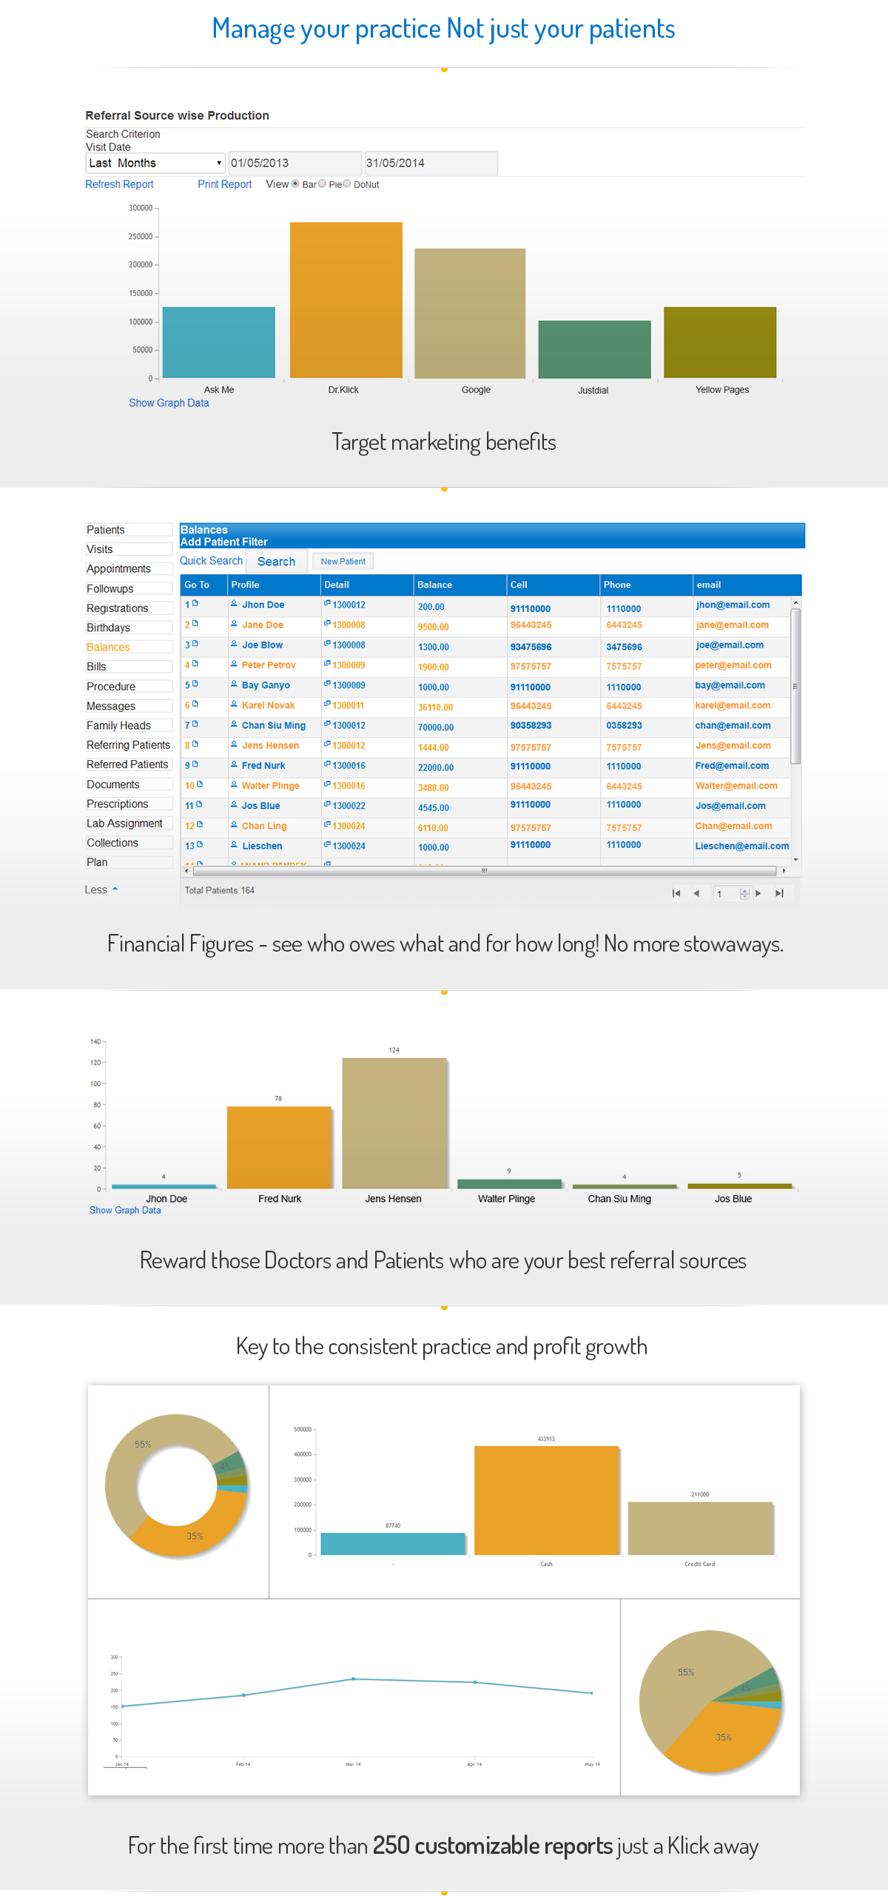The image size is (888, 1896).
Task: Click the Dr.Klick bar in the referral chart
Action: [346, 300]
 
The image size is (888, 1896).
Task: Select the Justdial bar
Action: [594, 349]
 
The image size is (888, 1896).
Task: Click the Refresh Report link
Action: [119, 184]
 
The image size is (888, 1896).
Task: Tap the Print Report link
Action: [224, 184]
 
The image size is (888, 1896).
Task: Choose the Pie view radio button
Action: [322, 184]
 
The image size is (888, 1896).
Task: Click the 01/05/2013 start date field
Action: [294, 163]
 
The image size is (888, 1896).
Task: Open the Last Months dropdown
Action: [155, 163]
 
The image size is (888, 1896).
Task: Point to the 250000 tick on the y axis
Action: [141, 237]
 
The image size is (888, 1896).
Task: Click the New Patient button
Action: [343, 562]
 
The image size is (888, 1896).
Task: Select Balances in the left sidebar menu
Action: [108, 648]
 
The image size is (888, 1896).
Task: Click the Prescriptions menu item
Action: [117, 804]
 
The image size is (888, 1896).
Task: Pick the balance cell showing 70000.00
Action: [435, 727]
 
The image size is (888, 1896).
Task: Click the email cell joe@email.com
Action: [729, 645]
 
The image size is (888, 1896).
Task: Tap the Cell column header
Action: [519, 585]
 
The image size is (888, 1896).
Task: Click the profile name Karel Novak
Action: [268, 706]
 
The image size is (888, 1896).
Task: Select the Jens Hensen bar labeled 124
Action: [394, 1123]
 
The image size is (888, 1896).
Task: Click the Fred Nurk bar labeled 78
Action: [279, 1147]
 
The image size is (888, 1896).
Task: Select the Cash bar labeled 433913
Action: [546, 1500]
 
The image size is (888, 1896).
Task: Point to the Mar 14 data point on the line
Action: [353, 1679]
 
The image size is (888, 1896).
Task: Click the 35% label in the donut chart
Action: [195, 1536]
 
